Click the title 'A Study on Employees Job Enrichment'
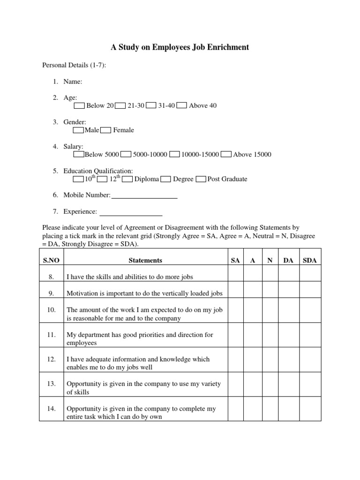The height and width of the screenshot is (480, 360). coord(180,47)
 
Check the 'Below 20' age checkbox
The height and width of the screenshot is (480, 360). coord(80,105)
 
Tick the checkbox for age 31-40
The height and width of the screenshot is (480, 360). coord(151,105)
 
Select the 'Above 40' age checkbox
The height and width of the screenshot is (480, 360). coord(182,105)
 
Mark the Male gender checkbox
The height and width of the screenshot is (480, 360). coord(79,130)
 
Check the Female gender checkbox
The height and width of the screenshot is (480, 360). coord(106,130)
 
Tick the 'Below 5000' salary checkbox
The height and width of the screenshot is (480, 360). coord(79,154)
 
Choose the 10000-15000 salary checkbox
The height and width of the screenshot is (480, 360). coord(174,154)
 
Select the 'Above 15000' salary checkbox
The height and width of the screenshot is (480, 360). coord(226,154)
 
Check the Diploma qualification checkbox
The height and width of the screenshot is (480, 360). coord(127,179)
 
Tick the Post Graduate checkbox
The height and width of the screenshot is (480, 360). coord(201,179)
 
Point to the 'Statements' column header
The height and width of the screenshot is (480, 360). coord(145,260)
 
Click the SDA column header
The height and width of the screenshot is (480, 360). coord(310,260)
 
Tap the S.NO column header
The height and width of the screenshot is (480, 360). coord(52,260)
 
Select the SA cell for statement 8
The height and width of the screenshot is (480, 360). coord(235,277)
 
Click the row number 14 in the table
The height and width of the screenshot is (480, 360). coord(52,409)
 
